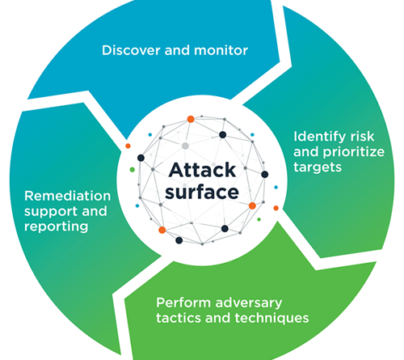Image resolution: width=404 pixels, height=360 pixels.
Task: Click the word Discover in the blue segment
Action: point(131,50)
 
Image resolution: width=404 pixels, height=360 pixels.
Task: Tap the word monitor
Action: point(221,50)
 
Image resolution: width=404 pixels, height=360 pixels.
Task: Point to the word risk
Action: point(362,137)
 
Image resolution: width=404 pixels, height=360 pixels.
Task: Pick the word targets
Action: point(318,167)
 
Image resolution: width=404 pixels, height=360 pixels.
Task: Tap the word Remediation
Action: point(68,196)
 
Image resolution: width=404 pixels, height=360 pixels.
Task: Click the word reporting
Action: point(57,227)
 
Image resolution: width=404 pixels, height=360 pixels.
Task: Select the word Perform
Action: point(183,303)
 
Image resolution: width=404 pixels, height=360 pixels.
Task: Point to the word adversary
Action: point(249,303)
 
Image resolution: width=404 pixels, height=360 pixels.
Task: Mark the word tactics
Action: point(178,318)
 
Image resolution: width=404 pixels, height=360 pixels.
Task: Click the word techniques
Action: point(271,319)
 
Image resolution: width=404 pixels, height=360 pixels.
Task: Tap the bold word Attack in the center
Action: point(202,170)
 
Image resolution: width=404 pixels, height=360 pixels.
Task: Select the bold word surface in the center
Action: point(202,192)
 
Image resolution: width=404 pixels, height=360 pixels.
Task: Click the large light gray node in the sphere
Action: point(185,146)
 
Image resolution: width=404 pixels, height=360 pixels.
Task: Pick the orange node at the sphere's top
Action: point(191,119)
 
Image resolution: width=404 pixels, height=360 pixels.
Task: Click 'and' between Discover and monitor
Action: point(177,50)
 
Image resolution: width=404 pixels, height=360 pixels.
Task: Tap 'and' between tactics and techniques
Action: point(217,318)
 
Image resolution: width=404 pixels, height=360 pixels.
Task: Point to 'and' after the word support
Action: point(95,211)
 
